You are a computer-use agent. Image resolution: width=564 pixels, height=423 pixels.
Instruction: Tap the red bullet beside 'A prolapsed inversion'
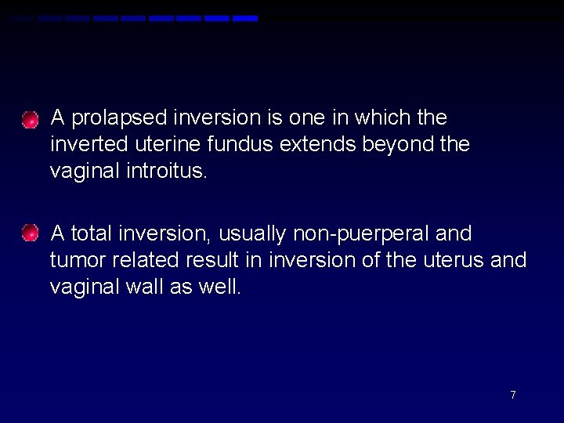point(30,121)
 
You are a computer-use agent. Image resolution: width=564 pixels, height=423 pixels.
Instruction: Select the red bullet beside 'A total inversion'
point(30,233)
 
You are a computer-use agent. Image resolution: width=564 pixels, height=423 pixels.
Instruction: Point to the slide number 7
point(513,395)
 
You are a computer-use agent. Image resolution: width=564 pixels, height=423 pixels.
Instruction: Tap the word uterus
point(453,260)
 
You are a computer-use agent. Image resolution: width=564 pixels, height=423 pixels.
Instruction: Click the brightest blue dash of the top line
point(245,18)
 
